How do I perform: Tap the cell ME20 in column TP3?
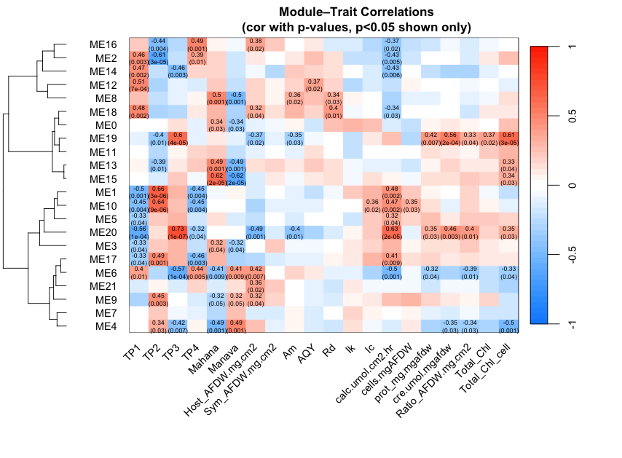[x=177, y=233]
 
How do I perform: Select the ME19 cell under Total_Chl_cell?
[x=508, y=138]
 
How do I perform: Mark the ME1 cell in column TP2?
[x=157, y=192]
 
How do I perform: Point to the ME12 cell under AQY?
[x=315, y=84]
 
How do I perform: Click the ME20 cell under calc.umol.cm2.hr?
[x=393, y=233]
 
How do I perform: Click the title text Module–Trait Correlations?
[x=356, y=12]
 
